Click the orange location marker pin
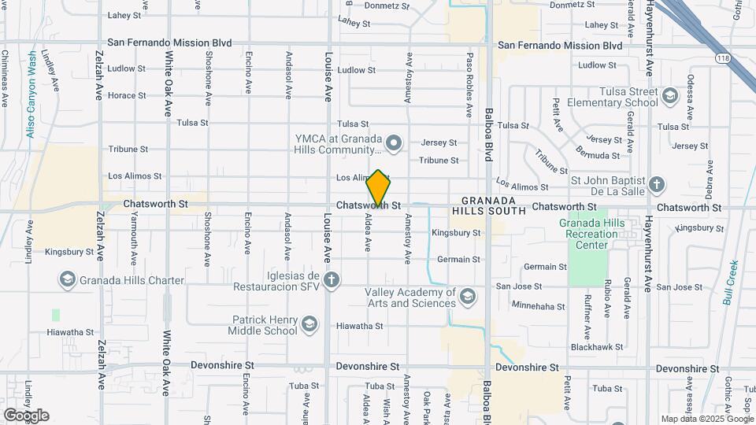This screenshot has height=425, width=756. click(x=379, y=188)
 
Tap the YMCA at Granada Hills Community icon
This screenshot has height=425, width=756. click(x=395, y=142)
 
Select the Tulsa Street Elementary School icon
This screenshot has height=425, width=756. click(x=669, y=96)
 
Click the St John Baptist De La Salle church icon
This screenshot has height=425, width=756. click(x=658, y=186)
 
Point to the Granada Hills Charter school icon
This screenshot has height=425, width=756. click(x=68, y=280)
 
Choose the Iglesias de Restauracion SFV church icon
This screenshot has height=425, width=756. click(x=332, y=279)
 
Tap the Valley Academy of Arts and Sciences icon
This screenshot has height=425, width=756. click(x=468, y=296)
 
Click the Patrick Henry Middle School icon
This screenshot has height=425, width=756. click(x=309, y=323)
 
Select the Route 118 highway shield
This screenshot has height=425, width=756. click(x=723, y=57)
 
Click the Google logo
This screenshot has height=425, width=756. click(x=26, y=415)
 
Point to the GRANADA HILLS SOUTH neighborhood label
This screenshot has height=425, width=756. click(x=493, y=205)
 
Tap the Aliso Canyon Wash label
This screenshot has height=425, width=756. click(x=31, y=94)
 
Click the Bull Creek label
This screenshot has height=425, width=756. click(x=730, y=283)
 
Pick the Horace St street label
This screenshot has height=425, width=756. click(x=127, y=95)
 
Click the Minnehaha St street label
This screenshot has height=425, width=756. click(x=539, y=304)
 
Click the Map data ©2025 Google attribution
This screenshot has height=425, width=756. click(x=706, y=419)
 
